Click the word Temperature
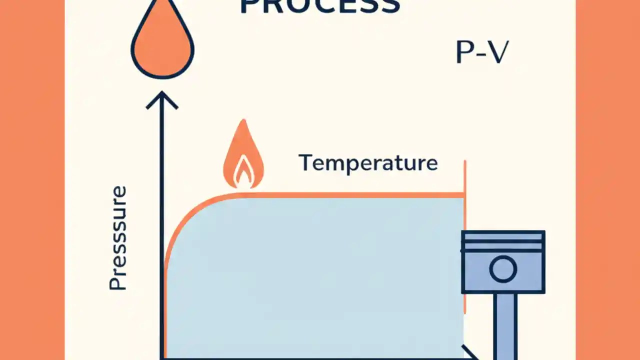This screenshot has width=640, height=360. (368, 163)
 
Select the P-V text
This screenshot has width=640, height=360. (481, 52)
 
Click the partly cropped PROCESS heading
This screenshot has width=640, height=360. (320, 6)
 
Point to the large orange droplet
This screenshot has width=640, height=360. (162, 47)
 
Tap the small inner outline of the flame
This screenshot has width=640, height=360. (243, 172)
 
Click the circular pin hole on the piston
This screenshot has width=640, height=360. (502, 269)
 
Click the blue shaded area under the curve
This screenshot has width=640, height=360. (315, 275)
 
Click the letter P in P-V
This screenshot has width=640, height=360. (464, 52)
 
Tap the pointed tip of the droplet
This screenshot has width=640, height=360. (162, 4)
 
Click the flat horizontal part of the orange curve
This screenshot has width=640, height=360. (350, 195)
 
